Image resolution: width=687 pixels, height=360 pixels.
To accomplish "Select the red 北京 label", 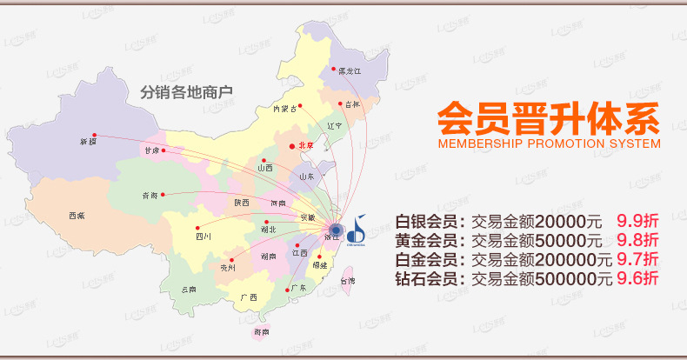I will tap(303, 145).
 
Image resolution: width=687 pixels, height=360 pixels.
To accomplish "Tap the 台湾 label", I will tap(347, 281).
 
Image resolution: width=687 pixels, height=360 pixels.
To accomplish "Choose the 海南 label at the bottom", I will tap(261, 331).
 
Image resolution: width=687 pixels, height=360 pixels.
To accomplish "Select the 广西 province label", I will tap(248, 297).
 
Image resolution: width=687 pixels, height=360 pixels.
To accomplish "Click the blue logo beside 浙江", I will tap(357, 230).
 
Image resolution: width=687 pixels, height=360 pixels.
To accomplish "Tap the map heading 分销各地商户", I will tap(189, 90).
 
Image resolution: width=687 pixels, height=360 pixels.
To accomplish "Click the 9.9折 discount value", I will tap(637, 220).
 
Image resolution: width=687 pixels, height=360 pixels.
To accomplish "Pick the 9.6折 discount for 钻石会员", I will tap(637, 279).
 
